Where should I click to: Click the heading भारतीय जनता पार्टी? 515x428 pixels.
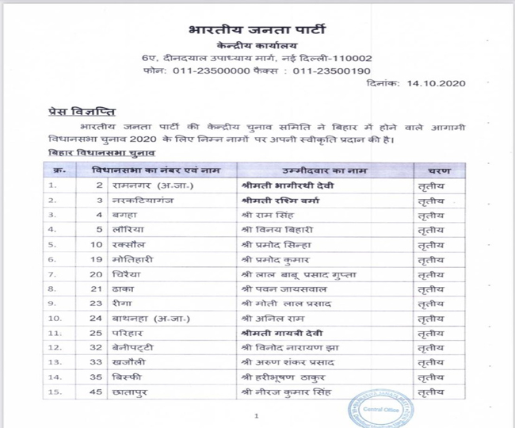[257, 31]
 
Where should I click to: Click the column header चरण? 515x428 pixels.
[439, 170]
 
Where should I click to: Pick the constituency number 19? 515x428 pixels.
[97, 259]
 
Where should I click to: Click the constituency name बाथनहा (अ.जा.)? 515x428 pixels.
[148, 318]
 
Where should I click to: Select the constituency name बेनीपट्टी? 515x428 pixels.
[131, 347]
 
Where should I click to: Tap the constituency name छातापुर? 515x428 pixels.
[131, 392]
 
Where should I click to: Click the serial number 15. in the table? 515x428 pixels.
[55, 392]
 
